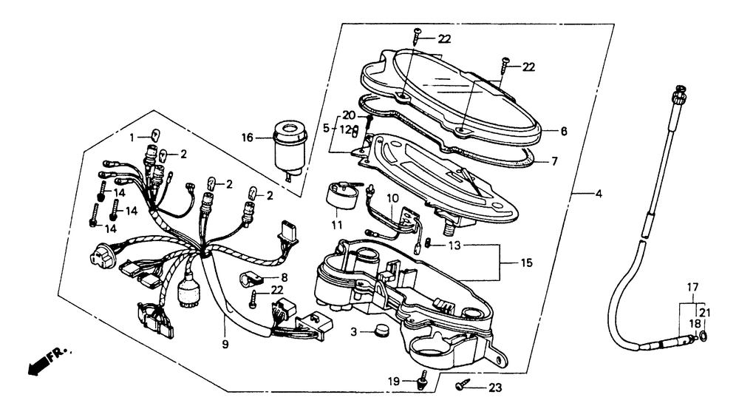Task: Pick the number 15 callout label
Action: [x=526, y=262]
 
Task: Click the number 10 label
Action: [x=391, y=198]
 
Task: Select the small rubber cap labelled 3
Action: [x=383, y=331]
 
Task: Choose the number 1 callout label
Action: [x=133, y=138]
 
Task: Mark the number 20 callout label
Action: [x=349, y=115]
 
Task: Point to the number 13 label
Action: [x=455, y=245]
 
